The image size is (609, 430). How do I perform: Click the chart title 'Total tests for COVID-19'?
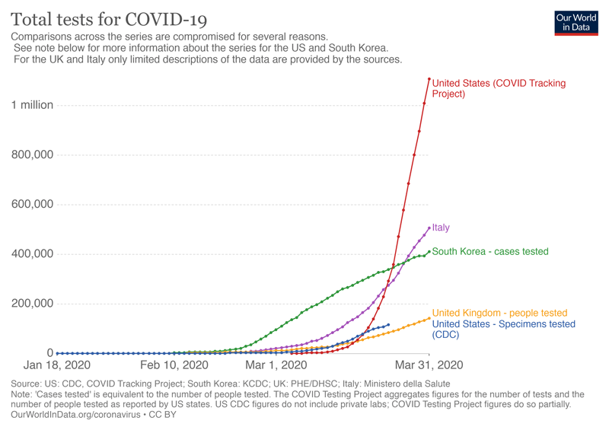coord(109,18)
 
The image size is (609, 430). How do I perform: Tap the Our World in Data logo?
coord(576,22)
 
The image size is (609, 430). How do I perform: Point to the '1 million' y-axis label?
coord(32,105)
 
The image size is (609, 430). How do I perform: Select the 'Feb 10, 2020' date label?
coord(174,366)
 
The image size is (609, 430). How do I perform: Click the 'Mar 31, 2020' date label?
coord(429,366)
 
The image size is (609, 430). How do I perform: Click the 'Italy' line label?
coord(441,228)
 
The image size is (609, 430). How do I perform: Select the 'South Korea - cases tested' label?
coord(489,251)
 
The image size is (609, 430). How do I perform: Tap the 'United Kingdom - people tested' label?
coord(499,313)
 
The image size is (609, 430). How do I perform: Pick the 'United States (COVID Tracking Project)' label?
coord(499,88)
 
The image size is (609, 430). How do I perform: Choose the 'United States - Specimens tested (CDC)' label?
coord(503,329)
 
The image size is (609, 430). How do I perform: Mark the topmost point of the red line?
coord(429,78)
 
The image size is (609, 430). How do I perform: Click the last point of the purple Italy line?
coord(429,228)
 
